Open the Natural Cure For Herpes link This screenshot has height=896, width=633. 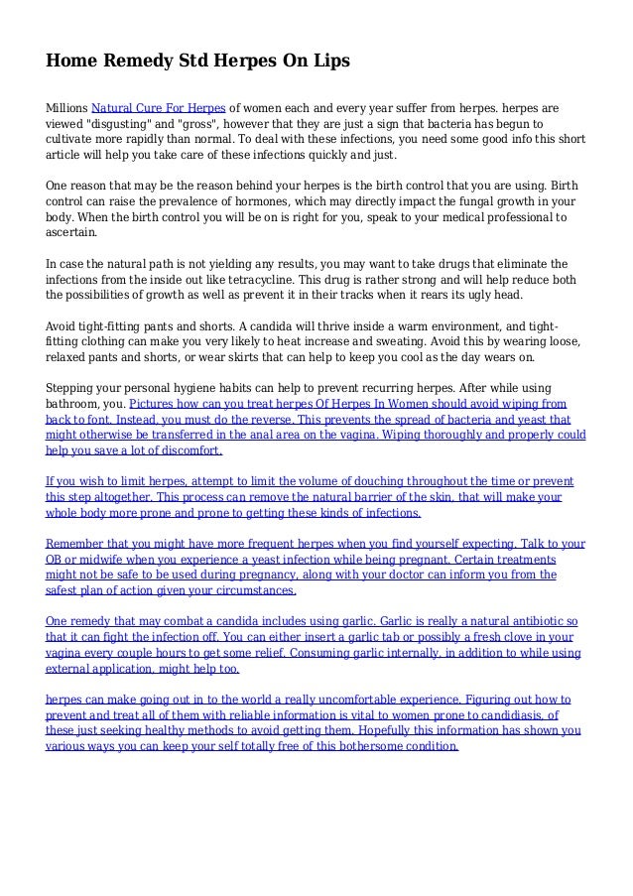[x=159, y=103]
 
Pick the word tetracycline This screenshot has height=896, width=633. [x=341, y=280]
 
